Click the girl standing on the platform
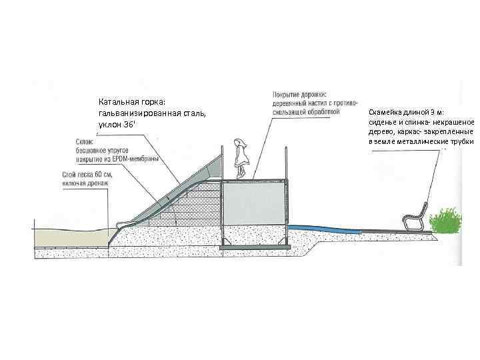tap(240, 159)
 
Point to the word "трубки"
tap(459, 142)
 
